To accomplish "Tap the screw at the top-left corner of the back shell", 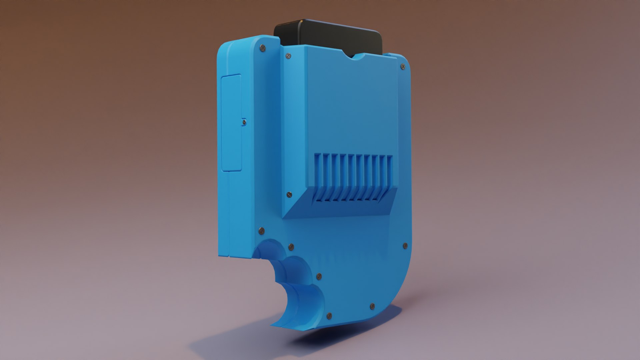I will [x=262, y=49].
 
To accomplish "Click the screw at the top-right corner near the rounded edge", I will [x=403, y=67].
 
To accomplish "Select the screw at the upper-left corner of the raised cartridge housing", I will [x=287, y=56].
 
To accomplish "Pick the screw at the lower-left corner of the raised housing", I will [x=289, y=195].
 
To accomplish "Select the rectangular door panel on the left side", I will [x=231, y=123].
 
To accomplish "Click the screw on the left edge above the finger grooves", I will [x=261, y=230].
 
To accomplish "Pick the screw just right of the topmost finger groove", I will [x=291, y=247].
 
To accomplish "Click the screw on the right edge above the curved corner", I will [x=405, y=246].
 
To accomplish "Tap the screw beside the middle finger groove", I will [x=319, y=276].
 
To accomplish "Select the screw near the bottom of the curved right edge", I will [x=372, y=306].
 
